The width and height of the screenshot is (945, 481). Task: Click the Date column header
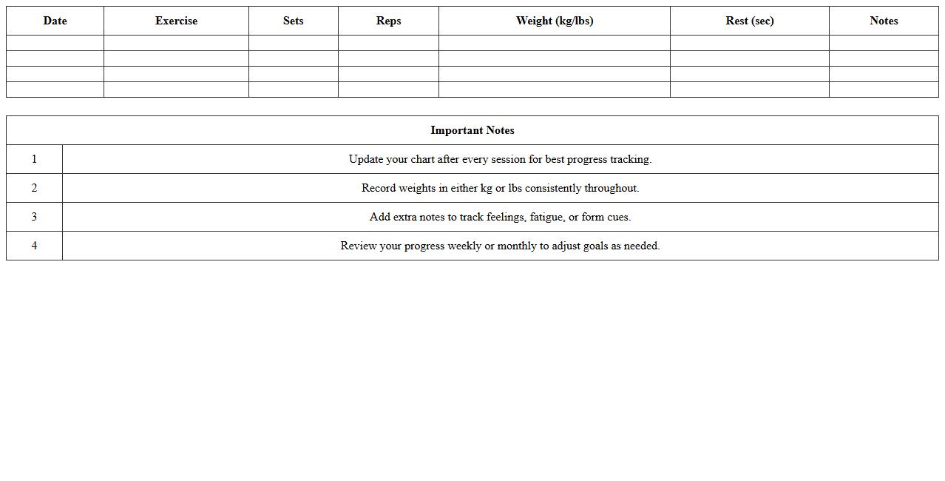tap(55, 21)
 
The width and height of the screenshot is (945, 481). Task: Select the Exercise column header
tap(176, 21)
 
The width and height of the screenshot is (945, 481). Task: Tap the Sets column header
tap(293, 21)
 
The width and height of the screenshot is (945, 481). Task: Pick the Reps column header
tap(388, 21)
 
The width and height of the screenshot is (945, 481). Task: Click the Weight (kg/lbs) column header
tap(555, 21)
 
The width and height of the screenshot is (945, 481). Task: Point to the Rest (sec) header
tap(750, 21)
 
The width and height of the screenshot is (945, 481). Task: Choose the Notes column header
tap(884, 21)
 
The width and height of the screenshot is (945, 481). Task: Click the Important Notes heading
tap(472, 130)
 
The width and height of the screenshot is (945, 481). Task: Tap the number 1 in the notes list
tap(34, 159)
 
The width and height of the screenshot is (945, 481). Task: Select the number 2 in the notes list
tap(34, 188)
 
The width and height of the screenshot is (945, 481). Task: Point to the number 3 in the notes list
tap(34, 217)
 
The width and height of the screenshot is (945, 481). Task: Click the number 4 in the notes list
tap(34, 246)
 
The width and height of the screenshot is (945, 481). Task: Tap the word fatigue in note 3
tap(547, 217)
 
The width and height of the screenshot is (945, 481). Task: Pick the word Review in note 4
tap(359, 246)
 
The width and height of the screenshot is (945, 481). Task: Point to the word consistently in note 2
tap(553, 188)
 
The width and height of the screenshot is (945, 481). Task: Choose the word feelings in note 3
tap(505, 217)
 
